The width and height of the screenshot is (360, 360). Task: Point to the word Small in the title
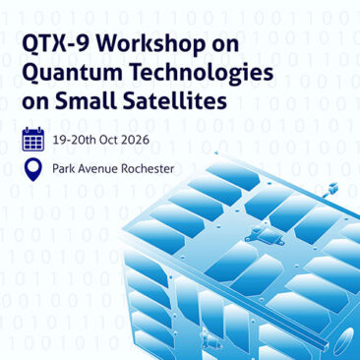click(86, 100)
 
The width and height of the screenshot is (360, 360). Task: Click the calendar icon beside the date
click(33, 139)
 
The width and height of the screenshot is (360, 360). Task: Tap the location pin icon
click(33, 170)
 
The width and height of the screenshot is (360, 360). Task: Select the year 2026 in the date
click(134, 140)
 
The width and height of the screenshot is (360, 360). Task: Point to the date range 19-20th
click(74, 140)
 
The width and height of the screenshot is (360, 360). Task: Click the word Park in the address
click(62, 169)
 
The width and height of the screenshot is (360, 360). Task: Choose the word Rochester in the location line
click(148, 169)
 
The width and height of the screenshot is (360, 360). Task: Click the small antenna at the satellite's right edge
click(330, 190)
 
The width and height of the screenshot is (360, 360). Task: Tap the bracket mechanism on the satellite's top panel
click(265, 236)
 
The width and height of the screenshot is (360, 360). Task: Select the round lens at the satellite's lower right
click(347, 341)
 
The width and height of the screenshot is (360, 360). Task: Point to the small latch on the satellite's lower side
click(209, 338)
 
